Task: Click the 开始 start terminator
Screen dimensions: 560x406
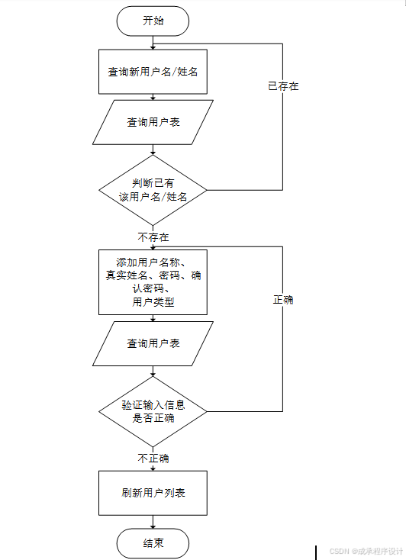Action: pyautogui.click(x=153, y=21)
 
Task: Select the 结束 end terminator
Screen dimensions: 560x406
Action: pyautogui.click(x=153, y=544)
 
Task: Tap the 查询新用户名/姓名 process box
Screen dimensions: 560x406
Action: pyautogui.click(x=153, y=72)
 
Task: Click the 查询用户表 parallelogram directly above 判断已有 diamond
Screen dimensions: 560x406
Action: pyautogui.click(x=153, y=122)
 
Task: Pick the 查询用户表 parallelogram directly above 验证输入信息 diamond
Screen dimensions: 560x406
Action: pyautogui.click(x=153, y=343)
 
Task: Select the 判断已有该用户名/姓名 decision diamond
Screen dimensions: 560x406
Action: pyautogui.click(x=153, y=189)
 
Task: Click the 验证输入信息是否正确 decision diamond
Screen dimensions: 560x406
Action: pyautogui.click(x=153, y=411)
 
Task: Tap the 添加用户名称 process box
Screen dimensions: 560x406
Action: pyautogui.click(x=153, y=281)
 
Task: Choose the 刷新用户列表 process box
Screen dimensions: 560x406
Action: pyautogui.click(x=153, y=493)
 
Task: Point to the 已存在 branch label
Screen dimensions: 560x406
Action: pyautogui.click(x=283, y=86)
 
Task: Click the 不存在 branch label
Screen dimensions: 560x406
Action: pyautogui.click(x=153, y=237)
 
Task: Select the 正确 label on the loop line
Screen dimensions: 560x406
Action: pyautogui.click(x=283, y=300)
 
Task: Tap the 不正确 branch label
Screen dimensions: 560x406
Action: pyautogui.click(x=153, y=459)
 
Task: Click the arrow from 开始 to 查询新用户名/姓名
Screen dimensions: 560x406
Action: pyautogui.click(x=153, y=43)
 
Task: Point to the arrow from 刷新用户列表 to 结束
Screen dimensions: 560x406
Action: pyautogui.click(x=153, y=523)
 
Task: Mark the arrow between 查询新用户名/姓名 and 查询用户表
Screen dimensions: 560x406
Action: pyautogui.click(x=153, y=97)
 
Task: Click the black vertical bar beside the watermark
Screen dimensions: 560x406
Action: pyautogui.click(x=316, y=552)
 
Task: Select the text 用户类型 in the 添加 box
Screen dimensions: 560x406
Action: pyautogui.click(x=153, y=302)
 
